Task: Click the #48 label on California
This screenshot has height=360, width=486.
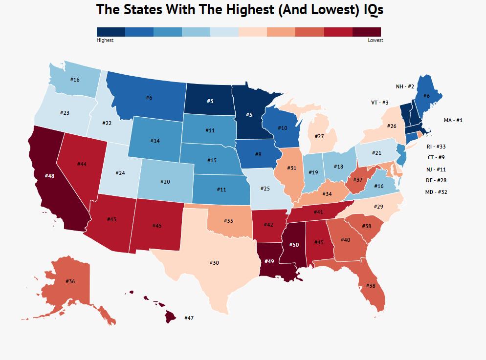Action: (x=49, y=175)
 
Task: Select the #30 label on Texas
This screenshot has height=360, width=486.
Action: (x=214, y=263)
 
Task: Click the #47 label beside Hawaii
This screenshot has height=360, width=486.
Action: (x=189, y=318)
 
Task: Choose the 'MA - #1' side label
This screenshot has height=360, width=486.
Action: (x=453, y=120)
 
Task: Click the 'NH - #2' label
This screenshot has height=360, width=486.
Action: (x=405, y=86)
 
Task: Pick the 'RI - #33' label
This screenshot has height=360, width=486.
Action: (x=436, y=147)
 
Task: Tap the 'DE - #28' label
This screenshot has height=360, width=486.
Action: (x=436, y=180)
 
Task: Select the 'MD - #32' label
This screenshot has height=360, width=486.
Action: (x=436, y=192)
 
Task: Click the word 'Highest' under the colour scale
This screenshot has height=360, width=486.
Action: (x=105, y=41)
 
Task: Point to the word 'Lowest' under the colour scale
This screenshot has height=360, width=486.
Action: (x=376, y=41)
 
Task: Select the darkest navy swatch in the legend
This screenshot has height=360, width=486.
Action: (x=111, y=32)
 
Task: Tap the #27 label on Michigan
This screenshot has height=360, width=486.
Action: (x=320, y=136)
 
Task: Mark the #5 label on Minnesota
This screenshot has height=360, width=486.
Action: (x=248, y=115)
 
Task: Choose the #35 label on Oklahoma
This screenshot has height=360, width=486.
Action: (x=228, y=221)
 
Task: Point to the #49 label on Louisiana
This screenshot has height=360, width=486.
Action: (x=269, y=261)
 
